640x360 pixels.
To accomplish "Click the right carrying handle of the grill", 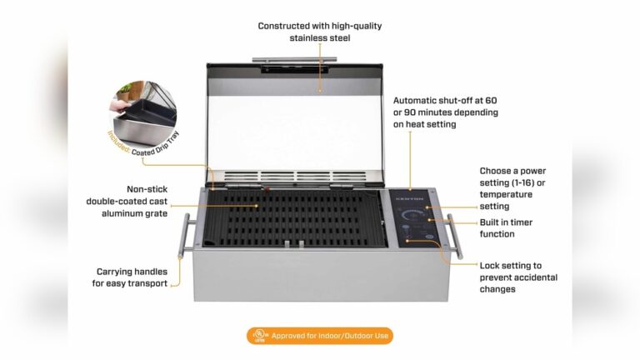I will [x=453, y=236].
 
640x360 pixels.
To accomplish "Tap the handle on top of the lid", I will [x=297, y=60].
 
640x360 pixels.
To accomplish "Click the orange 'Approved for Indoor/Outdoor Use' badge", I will [x=319, y=336].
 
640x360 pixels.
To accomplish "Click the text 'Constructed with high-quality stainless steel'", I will [x=319, y=32].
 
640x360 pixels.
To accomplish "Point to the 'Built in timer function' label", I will [x=506, y=228].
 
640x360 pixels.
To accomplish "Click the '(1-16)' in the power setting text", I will [x=526, y=182].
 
